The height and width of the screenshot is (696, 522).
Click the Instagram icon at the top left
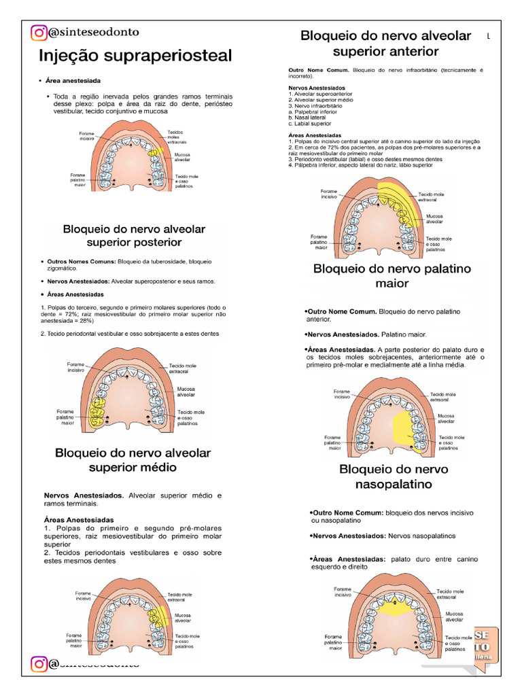pyautogui.click(x=39, y=32)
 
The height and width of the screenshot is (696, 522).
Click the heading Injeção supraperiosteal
pyautogui.click(x=135, y=55)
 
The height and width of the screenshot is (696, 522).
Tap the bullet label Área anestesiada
pyautogui.click(x=70, y=81)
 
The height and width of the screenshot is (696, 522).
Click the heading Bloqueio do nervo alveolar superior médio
pyautogui.click(x=133, y=459)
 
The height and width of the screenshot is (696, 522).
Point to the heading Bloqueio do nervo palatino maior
pyautogui.click(x=391, y=275)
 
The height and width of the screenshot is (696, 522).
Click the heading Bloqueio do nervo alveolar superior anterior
pyautogui.click(x=385, y=43)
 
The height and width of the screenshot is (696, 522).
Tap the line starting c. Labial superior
pyautogui.click(x=310, y=124)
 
